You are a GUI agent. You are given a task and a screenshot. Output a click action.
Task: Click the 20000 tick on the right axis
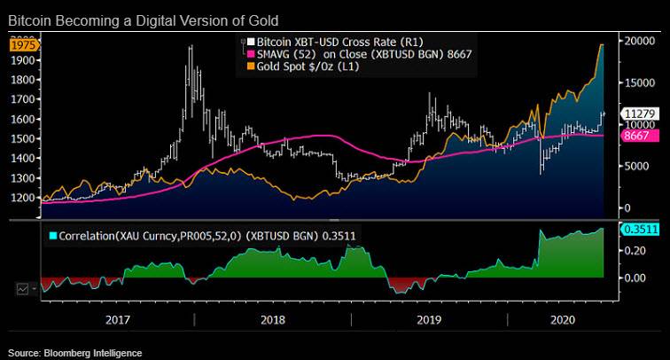coord(639,41)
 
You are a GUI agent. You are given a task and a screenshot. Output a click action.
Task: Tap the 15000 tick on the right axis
coord(639,82)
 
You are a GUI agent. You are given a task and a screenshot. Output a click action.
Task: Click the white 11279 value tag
coord(639,113)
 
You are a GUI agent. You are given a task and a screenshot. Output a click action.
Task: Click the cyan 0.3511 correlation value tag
coord(639,230)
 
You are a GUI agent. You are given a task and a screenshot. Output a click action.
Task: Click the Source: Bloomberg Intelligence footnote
coord(75,353)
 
